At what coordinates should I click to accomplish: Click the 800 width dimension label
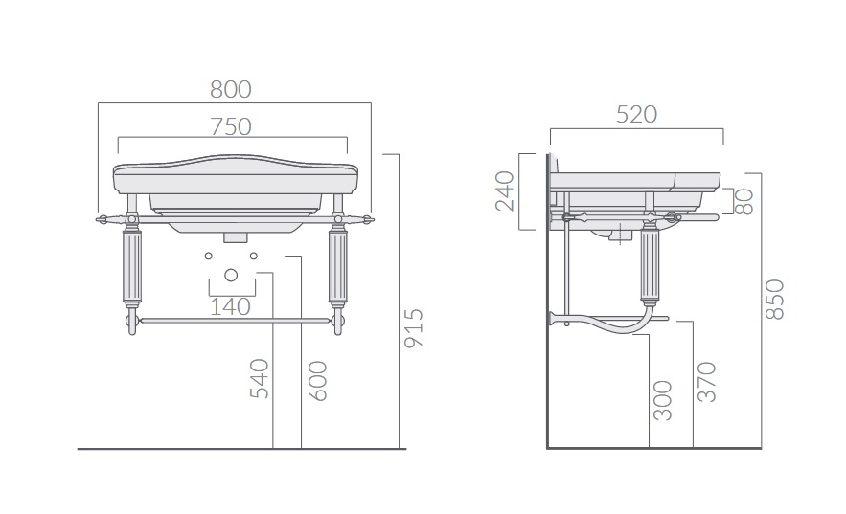pos(231,89)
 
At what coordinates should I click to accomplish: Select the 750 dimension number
pos(231,127)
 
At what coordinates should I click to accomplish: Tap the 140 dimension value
pos(230,307)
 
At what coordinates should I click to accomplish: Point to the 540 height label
pos(260,379)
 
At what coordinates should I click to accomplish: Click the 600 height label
pos(318,381)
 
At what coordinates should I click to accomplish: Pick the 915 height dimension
pos(414,328)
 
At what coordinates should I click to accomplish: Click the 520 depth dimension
pos(637,114)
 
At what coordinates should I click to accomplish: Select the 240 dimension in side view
pos(505,190)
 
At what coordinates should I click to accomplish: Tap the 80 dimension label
pos(744,202)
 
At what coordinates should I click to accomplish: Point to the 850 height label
pos(775,300)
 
